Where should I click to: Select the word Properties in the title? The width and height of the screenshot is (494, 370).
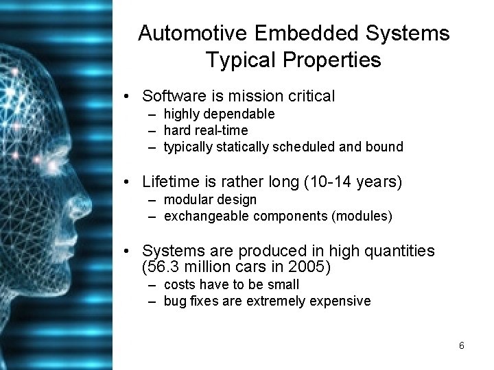[x=337, y=60]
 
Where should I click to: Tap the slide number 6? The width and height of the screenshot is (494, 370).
[x=462, y=345]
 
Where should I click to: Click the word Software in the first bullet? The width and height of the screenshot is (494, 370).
[x=170, y=96]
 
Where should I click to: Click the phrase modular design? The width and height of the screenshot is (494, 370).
[x=220, y=199]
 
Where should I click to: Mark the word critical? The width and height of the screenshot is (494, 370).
[x=309, y=96]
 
